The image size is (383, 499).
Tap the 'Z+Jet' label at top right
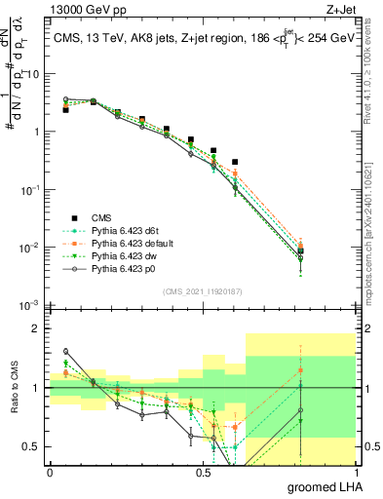(353, 8)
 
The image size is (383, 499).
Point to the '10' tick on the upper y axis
(35, 73)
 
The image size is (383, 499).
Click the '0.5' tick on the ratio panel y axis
(34, 447)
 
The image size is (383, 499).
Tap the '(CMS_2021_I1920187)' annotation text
(202, 290)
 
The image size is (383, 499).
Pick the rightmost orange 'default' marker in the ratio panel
(301, 370)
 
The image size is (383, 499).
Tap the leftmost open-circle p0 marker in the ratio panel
(65, 351)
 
